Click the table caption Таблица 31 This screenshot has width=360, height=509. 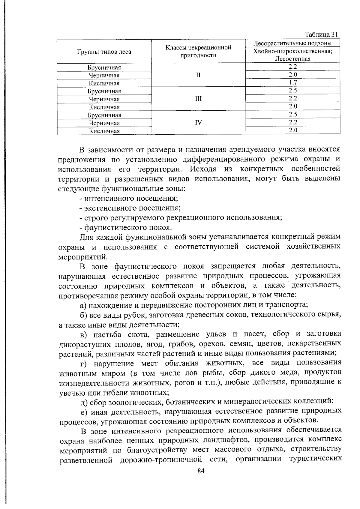(x=321, y=34)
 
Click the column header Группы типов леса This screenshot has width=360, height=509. (x=104, y=52)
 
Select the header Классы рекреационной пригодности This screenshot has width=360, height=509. (x=198, y=51)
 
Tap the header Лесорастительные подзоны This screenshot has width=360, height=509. (x=292, y=43)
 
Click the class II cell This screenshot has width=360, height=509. (x=198, y=75)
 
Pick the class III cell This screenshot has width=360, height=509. (x=198, y=99)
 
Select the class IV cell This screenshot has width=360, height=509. (x=198, y=122)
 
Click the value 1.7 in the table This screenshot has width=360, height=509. (x=293, y=82)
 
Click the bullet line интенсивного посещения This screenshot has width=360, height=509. (x=129, y=198)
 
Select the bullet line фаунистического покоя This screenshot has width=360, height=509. (x=126, y=227)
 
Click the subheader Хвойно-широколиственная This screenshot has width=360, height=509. (x=292, y=51)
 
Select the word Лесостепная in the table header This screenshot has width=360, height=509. (x=292, y=59)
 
